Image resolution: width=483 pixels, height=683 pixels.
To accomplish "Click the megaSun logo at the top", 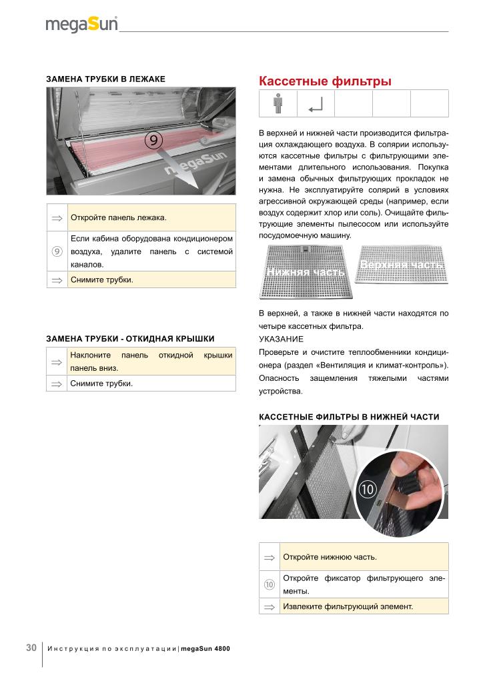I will [81, 25].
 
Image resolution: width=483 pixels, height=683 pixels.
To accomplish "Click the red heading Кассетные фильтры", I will [325, 81].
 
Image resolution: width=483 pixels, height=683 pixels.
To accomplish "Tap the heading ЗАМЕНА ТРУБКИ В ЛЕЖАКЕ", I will [105, 79].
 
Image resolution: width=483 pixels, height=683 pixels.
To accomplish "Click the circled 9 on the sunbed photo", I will [153, 140].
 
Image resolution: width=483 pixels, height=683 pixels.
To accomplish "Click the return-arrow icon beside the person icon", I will [316, 104].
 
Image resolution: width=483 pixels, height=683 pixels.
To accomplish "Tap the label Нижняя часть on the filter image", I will [305, 272].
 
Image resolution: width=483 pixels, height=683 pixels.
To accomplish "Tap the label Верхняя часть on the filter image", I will [401, 265].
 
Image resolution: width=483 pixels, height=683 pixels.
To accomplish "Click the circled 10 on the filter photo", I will [368, 489].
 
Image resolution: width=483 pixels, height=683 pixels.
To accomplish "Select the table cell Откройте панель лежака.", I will [151, 217].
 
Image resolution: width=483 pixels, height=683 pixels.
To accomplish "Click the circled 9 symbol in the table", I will [57, 251].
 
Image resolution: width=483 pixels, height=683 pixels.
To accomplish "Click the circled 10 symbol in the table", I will [269, 584].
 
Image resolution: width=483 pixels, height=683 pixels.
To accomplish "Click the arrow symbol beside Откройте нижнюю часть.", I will [269, 556].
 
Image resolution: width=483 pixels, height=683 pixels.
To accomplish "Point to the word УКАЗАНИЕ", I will [281, 339].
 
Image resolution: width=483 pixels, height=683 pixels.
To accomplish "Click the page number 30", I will [31, 648].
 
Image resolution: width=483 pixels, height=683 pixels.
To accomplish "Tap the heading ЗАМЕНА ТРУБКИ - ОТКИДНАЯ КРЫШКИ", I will [130, 339].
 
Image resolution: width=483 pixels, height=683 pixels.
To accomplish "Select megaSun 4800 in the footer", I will [205, 648].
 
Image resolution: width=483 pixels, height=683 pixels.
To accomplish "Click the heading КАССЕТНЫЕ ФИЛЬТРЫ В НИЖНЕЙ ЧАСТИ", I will [349, 417].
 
